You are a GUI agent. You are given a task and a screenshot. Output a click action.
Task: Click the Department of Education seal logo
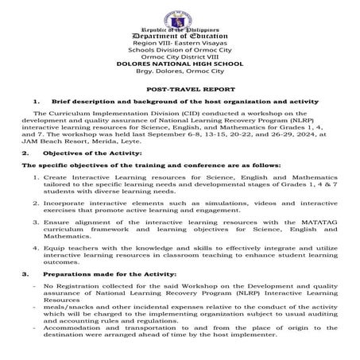pos(180,10)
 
